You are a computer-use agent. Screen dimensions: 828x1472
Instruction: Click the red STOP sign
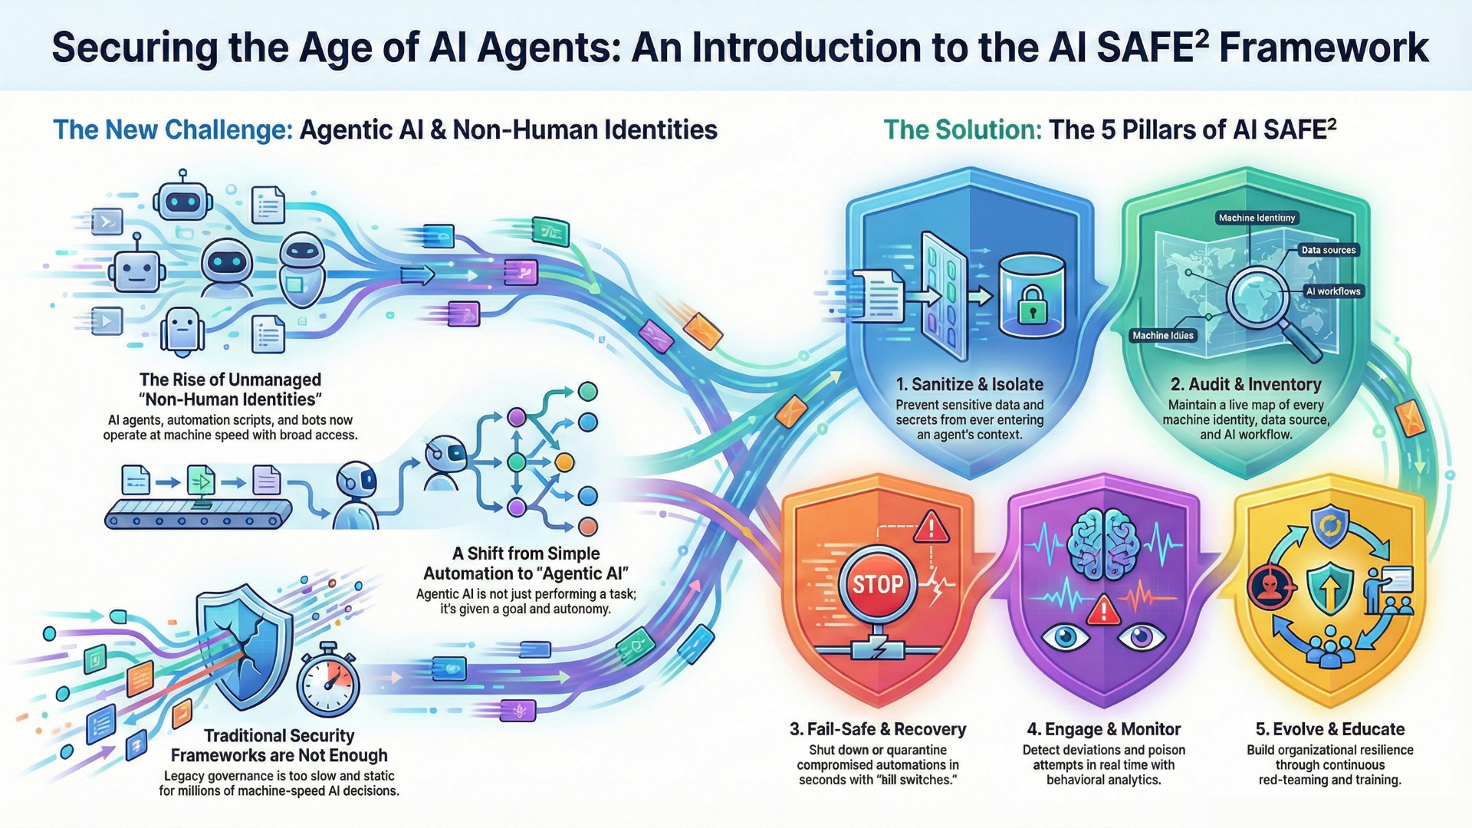click(x=878, y=584)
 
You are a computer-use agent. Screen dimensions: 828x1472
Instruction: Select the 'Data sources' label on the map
click(x=1329, y=250)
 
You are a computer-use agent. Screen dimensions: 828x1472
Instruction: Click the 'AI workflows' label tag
click(x=1333, y=291)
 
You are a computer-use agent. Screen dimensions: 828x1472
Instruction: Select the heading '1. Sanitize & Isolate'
click(x=970, y=384)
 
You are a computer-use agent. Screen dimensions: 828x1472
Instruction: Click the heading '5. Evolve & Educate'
click(x=1329, y=729)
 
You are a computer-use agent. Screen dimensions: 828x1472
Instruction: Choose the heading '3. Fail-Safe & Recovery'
click(x=878, y=729)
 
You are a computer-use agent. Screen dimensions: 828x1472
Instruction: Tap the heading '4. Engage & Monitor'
click(x=1103, y=729)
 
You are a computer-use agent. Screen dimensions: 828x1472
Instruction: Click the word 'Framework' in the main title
click(x=1323, y=48)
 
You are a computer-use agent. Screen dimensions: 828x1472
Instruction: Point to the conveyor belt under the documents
click(x=198, y=514)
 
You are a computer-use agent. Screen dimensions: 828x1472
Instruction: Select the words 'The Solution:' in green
click(x=962, y=130)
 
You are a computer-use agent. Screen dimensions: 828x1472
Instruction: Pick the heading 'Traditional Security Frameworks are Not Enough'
click(x=279, y=745)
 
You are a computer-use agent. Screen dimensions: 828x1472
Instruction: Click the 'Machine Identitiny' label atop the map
click(x=1257, y=218)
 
